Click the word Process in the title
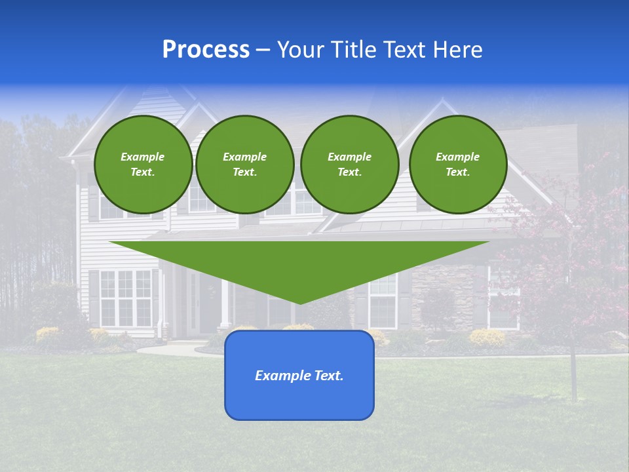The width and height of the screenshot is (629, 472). pos(206,50)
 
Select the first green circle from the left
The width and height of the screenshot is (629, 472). pos(143,165)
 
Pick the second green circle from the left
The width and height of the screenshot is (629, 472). pos(245,165)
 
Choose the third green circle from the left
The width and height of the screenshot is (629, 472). pos(350,165)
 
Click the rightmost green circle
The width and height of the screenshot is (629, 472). pos(458,165)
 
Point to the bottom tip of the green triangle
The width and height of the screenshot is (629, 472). pos(300,303)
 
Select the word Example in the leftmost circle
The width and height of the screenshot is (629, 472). pos(143,157)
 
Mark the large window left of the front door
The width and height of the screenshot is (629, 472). pos(125,298)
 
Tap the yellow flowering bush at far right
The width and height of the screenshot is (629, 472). pos(487,337)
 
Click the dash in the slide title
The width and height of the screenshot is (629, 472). pos(263,50)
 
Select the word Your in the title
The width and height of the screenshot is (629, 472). pos(299,50)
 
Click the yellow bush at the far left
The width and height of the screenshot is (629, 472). pos(48,334)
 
